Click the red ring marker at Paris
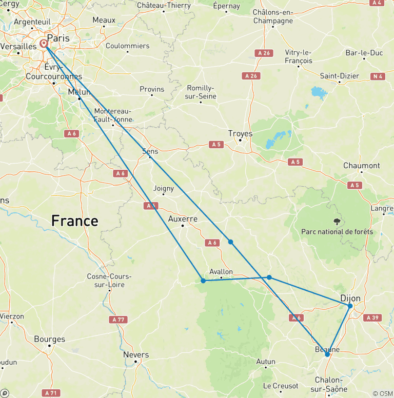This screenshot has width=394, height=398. [x=44, y=44]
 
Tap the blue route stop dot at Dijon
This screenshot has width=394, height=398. [x=350, y=306]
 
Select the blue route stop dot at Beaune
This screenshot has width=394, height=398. [x=327, y=354]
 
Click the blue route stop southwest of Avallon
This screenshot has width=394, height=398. [x=203, y=281]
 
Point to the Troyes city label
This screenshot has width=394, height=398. [x=240, y=133]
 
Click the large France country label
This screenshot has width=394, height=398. [x=74, y=221]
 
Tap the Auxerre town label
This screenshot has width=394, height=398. [x=183, y=218]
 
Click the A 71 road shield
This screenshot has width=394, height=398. [x=50, y=393]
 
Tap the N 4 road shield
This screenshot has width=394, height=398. [x=378, y=76]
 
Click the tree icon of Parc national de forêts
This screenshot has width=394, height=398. [x=337, y=222]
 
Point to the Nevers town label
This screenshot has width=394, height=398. [x=136, y=354]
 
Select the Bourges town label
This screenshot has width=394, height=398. [x=49, y=339]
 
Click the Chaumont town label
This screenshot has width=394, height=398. [x=362, y=165]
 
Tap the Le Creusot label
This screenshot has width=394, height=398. [x=281, y=385]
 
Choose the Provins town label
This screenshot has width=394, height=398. [x=152, y=89]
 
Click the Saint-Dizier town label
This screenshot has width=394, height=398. [x=339, y=75]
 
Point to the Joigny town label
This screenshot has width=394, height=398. [x=163, y=188]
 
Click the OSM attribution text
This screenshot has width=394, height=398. [x=382, y=393]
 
